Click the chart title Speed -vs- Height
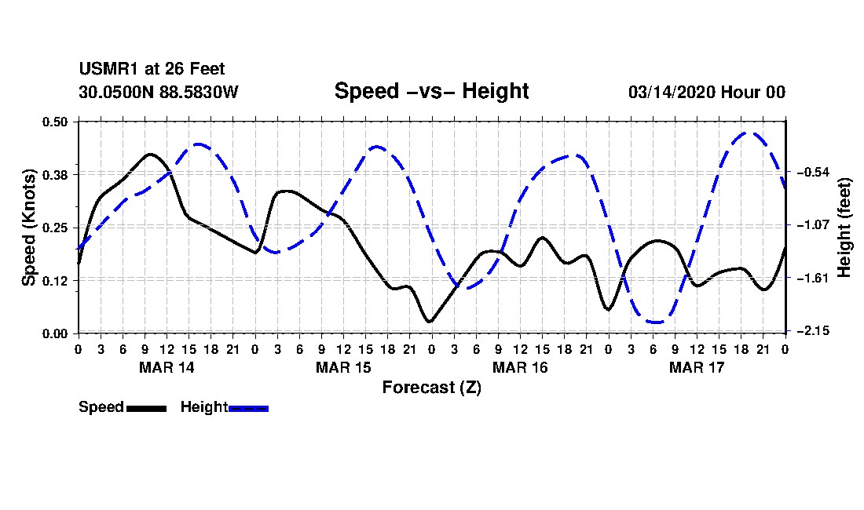pyautogui.click(x=431, y=91)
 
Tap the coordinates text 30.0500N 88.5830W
pyautogui.click(x=158, y=92)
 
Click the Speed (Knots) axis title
pyautogui.click(x=29, y=228)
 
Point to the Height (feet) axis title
pyautogui.click(x=844, y=228)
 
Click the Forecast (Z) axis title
pyautogui.click(x=431, y=387)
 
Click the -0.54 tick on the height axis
pyautogui.click(x=811, y=172)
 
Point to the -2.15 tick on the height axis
pyautogui.click(x=811, y=331)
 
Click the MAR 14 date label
pyautogui.click(x=167, y=367)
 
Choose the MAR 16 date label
pyautogui.click(x=519, y=367)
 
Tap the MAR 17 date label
pyautogui.click(x=696, y=367)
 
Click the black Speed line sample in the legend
pyautogui.click(x=146, y=408)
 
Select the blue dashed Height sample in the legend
pyautogui.click(x=248, y=408)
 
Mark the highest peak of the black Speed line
pyautogui.click(x=150, y=154)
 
